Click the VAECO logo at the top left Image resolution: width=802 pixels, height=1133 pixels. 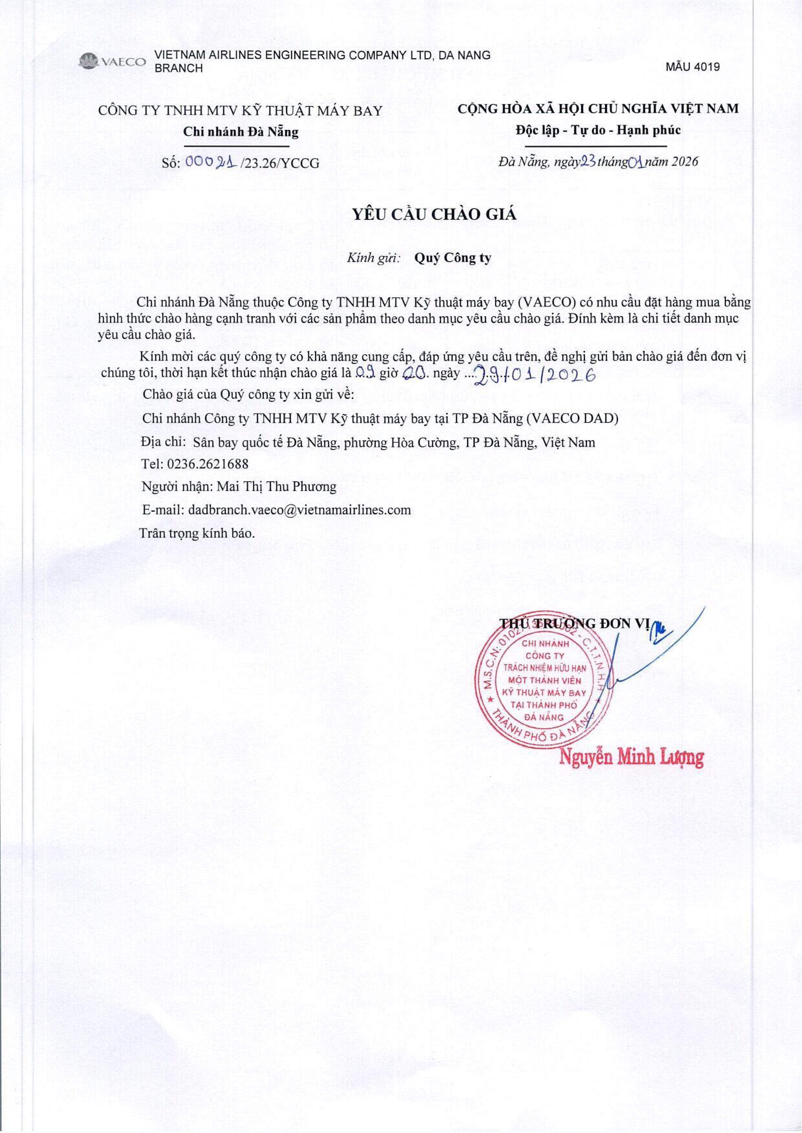(113, 62)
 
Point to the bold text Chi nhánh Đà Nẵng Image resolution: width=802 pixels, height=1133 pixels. (241, 132)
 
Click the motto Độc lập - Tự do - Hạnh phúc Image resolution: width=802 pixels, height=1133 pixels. (598, 130)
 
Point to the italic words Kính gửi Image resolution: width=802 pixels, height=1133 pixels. (373, 258)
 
